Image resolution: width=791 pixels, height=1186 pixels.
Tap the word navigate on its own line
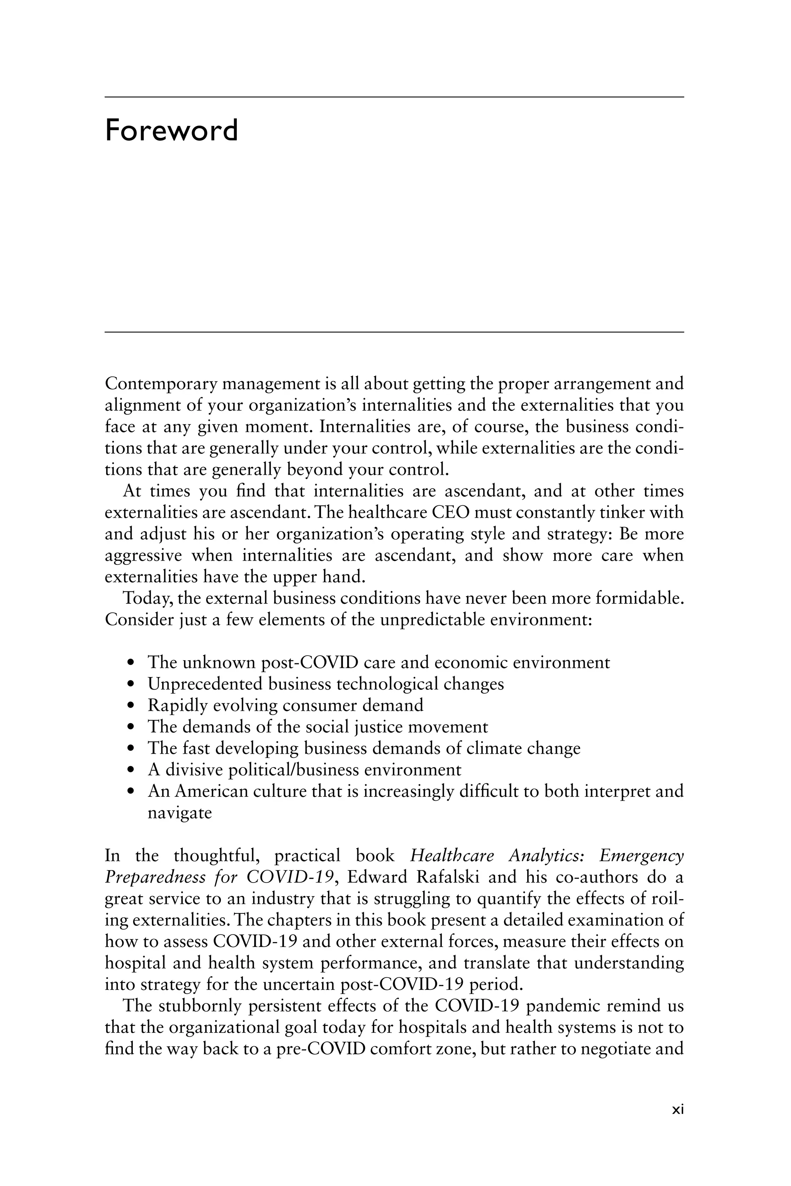[x=179, y=813]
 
